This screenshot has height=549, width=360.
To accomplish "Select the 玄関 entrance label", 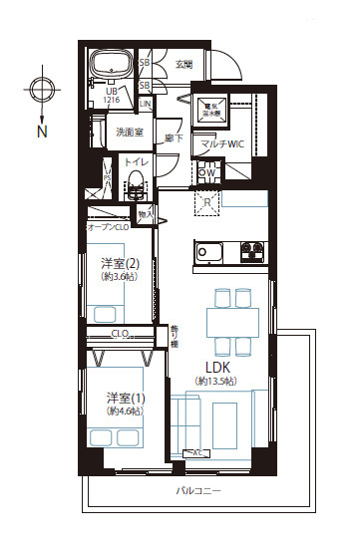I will (184, 66).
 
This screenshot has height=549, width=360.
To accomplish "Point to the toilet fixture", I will (135, 184).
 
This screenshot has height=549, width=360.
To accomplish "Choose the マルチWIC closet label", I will (222, 144).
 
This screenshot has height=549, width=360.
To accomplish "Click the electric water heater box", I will (213, 110).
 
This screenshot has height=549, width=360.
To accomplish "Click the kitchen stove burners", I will (248, 250).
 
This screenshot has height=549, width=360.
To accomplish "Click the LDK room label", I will (220, 365).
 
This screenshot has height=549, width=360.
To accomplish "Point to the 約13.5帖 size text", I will (215, 381).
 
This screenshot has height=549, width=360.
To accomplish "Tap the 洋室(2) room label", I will (118, 263).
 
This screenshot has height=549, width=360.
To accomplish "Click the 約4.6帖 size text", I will (126, 412).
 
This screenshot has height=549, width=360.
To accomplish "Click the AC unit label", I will (198, 453).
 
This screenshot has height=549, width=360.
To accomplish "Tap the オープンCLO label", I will (109, 227).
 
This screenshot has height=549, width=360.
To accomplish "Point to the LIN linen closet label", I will (145, 103).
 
